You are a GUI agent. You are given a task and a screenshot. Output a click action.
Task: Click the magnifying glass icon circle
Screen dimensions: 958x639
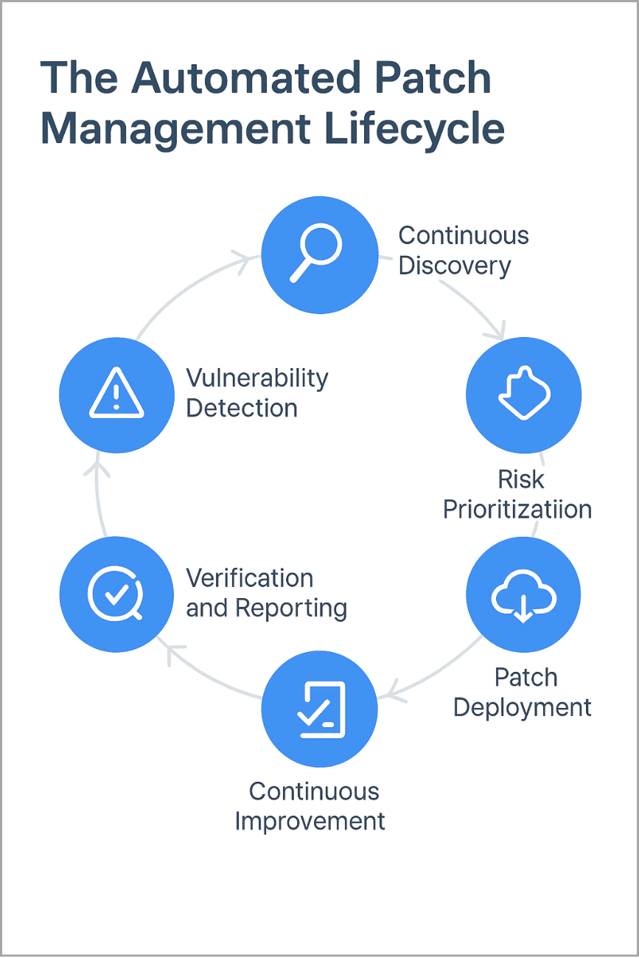(319, 254)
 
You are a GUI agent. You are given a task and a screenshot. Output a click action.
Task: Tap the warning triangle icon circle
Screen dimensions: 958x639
(116, 395)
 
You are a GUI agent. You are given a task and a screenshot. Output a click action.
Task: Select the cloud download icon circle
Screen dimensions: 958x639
(524, 595)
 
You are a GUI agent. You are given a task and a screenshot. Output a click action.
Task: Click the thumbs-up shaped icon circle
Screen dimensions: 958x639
(524, 395)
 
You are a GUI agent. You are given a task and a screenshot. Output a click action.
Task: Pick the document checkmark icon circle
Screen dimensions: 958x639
(319, 709)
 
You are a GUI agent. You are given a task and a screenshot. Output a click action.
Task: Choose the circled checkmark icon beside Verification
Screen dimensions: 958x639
(116, 595)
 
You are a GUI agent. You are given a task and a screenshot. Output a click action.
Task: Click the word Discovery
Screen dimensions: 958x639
(454, 265)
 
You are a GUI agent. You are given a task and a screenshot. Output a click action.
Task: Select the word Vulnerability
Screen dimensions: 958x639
(256, 378)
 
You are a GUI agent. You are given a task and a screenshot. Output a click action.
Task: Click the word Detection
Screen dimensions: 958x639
(241, 408)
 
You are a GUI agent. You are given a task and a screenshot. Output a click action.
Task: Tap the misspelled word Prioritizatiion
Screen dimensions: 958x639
(517, 509)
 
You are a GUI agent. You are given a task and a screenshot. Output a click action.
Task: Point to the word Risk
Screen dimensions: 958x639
(521, 479)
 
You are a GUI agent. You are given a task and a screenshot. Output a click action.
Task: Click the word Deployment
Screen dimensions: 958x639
(522, 707)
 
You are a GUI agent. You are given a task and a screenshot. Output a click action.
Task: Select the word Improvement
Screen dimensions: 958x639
(310, 821)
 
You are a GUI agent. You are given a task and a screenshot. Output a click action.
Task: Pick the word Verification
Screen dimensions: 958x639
(249, 578)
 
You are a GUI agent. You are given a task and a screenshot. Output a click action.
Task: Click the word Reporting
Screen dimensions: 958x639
(290, 608)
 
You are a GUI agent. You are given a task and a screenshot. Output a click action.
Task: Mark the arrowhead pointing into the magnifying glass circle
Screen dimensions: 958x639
(242, 257)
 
